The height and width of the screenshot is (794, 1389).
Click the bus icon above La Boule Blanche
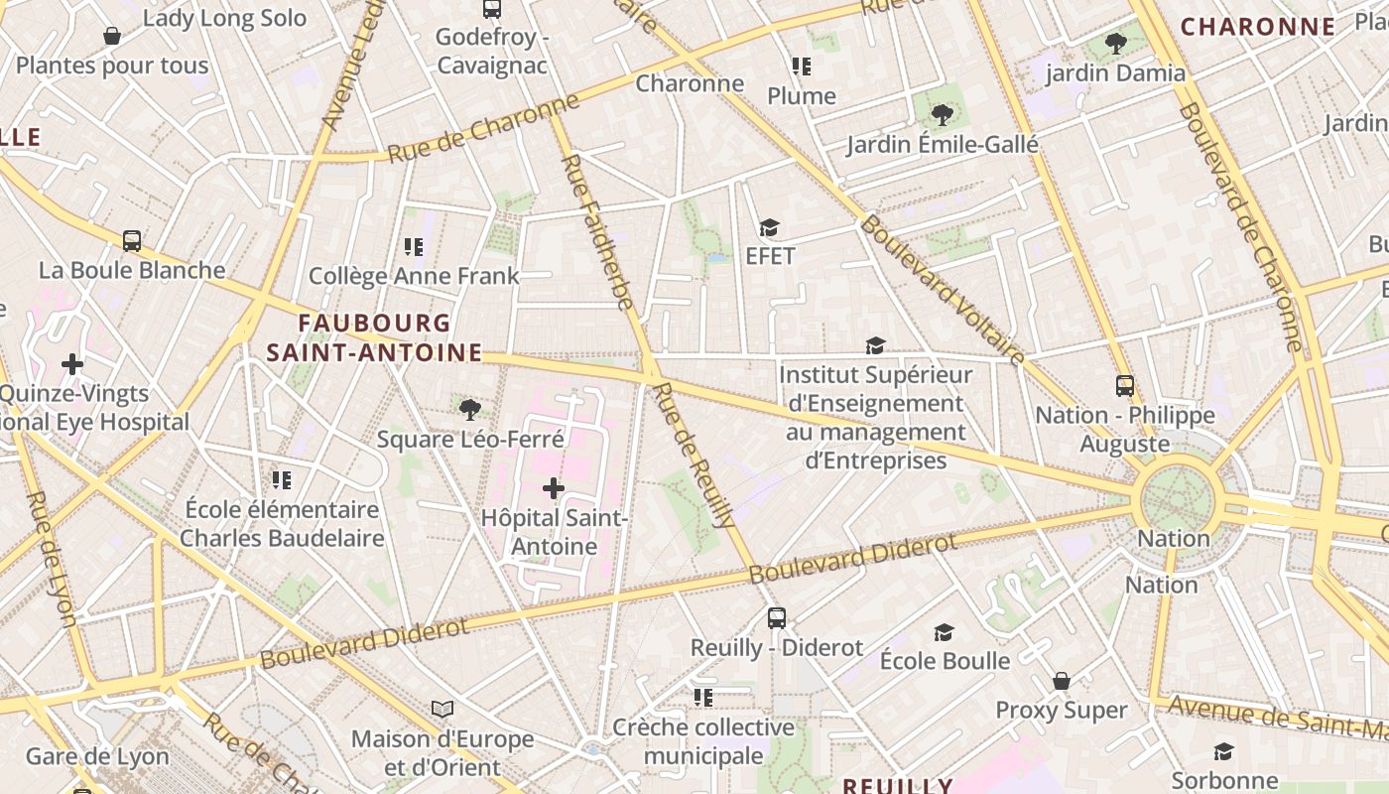point(132,240)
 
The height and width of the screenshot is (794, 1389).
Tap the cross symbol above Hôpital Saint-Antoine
point(554,487)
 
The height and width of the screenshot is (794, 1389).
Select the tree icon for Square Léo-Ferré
point(469,408)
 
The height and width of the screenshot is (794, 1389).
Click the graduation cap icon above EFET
point(770,228)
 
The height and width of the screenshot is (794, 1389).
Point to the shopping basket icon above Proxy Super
point(1062,681)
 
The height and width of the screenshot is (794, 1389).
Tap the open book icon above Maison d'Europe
point(442,710)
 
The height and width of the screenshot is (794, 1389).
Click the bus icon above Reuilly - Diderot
point(777,618)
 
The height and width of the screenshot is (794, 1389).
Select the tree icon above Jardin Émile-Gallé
point(943,115)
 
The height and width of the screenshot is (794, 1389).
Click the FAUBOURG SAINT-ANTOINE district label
point(374,337)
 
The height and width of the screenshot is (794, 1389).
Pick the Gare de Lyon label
point(97,756)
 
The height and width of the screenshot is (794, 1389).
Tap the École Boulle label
point(945,661)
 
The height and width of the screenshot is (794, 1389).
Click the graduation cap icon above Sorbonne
point(1224,751)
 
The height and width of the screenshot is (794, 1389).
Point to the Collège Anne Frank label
point(414,276)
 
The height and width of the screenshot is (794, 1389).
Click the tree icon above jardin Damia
point(1116,44)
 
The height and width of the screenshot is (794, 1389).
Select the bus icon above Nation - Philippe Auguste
point(1125,386)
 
